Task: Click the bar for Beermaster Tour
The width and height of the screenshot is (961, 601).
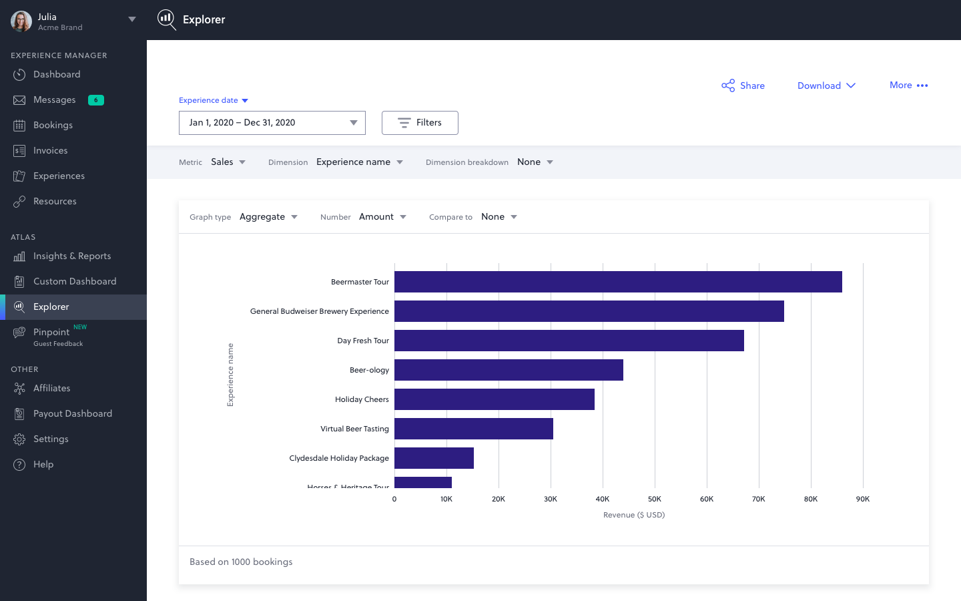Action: (x=617, y=282)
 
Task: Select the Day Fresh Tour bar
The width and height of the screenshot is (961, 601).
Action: (x=569, y=341)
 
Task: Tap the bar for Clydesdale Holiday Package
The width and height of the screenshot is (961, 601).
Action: (x=434, y=458)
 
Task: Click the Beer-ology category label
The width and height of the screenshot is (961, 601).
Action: (x=369, y=370)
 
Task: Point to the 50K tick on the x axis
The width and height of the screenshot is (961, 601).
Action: (x=654, y=499)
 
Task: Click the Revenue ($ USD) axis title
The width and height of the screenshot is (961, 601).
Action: (x=633, y=515)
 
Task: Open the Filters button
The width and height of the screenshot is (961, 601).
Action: (x=420, y=123)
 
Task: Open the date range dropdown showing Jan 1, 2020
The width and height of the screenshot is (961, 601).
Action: (x=272, y=123)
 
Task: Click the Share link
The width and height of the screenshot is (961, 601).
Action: (x=743, y=85)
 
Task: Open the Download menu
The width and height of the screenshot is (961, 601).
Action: (x=826, y=85)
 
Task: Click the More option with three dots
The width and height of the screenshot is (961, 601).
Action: (x=908, y=85)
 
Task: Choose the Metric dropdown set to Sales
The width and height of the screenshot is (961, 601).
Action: (x=228, y=162)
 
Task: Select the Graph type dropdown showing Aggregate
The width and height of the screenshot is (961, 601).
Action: (x=268, y=217)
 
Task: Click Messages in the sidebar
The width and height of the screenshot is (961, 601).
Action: (x=54, y=100)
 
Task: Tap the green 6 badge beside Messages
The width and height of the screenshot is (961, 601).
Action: (x=96, y=100)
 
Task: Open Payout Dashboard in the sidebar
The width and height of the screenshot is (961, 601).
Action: (x=72, y=414)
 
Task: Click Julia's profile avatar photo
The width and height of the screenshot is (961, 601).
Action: (x=21, y=21)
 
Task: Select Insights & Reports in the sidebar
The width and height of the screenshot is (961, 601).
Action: (x=72, y=256)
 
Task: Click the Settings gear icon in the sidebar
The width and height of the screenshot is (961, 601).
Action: (x=19, y=439)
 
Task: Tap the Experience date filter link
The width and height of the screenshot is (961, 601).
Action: (x=213, y=100)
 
